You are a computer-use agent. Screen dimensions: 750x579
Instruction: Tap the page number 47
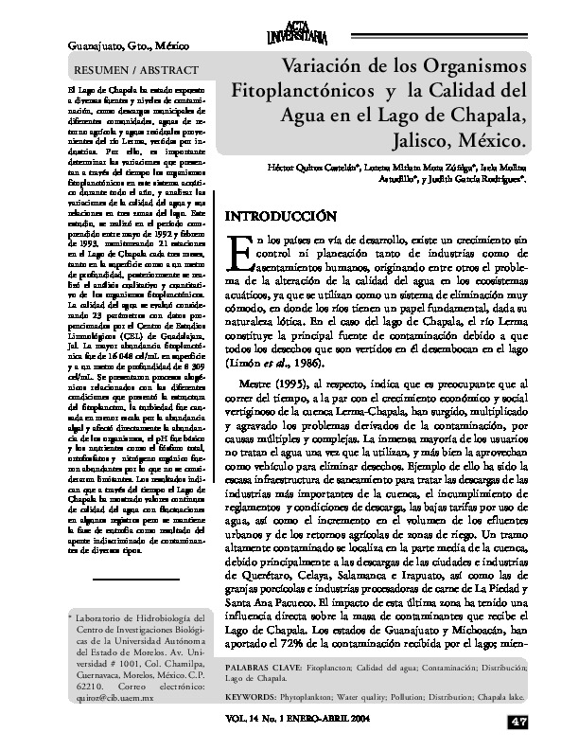coord(518,723)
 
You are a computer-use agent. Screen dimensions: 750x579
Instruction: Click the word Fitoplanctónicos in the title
coord(300,94)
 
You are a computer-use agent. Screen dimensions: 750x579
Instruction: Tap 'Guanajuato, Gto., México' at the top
coord(124,45)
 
